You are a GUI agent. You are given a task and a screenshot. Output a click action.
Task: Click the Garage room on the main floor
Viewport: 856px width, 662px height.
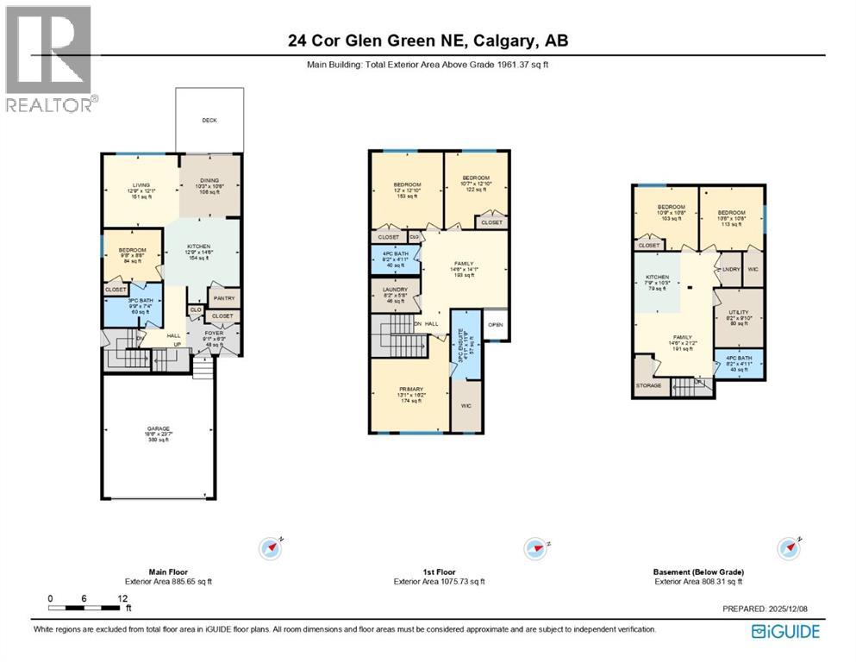157,434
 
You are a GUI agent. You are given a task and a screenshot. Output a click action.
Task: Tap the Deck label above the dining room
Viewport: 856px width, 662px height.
209,121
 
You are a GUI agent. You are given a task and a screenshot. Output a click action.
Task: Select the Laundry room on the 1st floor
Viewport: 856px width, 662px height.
394,294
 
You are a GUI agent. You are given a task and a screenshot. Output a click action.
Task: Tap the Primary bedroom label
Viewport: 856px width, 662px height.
409,390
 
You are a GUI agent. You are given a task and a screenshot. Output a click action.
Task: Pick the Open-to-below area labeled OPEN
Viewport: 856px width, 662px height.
495,325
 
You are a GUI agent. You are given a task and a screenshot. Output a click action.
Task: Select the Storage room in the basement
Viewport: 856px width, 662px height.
648,385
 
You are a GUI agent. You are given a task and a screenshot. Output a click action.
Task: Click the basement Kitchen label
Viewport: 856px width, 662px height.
658,278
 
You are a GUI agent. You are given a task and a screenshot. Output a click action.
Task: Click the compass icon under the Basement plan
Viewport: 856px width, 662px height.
789,547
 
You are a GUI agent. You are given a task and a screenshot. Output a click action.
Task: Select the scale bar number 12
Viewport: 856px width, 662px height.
123,598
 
